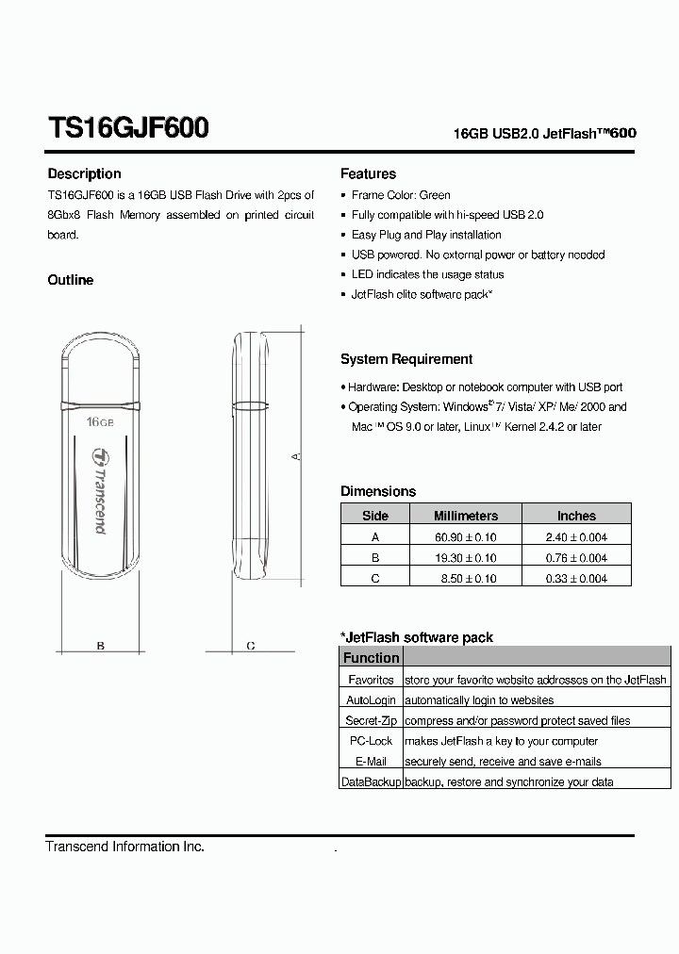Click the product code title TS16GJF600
128,128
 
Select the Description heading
84,173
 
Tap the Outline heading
71,280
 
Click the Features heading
368,173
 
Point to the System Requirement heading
406,359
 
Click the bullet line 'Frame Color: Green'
401,195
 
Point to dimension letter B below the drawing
100,646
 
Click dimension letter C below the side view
250,646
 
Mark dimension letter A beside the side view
294,456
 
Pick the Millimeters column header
465,516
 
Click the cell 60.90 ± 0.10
468,536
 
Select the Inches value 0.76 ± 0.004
576,557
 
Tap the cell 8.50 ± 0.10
468,578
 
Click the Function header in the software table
371,658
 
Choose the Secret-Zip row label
371,720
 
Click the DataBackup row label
371,781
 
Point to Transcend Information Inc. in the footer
125,847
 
